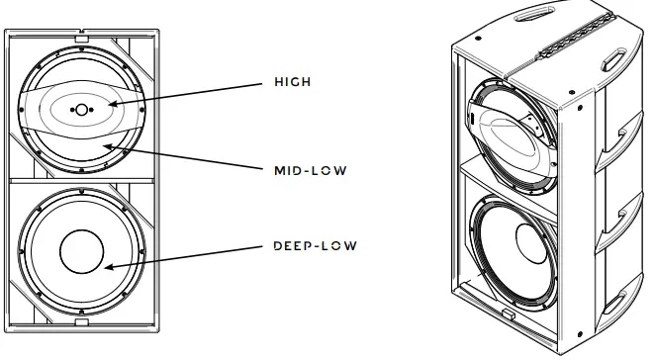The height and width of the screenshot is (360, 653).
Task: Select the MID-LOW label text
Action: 309,169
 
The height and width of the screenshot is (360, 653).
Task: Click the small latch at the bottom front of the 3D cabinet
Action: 506,316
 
